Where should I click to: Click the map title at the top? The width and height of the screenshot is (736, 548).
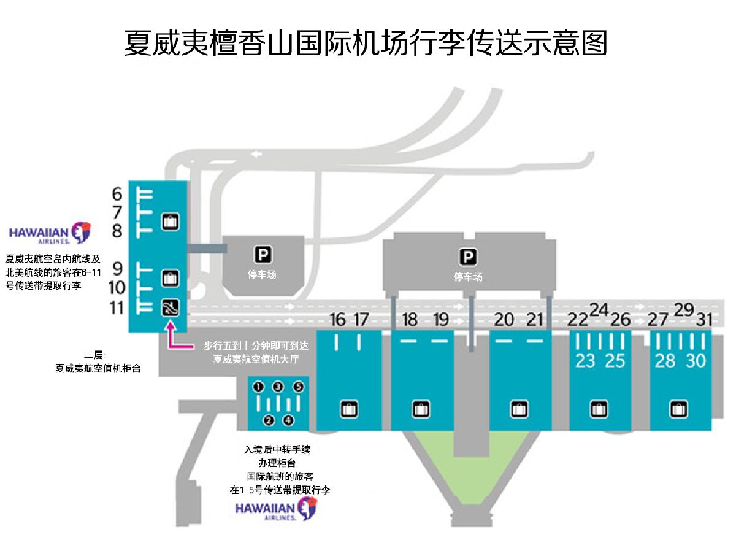(x=366, y=43)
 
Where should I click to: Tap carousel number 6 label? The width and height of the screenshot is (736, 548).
(x=117, y=194)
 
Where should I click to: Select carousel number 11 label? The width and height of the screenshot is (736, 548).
(x=117, y=307)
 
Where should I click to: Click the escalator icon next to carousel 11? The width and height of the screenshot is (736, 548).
(x=171, y=307)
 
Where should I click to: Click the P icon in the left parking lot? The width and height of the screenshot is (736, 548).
(x=263, y=255)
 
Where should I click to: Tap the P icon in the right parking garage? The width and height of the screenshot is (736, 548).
(x=468, y=257)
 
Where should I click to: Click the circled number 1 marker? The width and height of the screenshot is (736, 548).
(x=258, y=387)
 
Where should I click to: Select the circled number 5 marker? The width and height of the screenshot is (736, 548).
(x=299, y=387)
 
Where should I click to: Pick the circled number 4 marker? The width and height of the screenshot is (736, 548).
(x=288, y=420)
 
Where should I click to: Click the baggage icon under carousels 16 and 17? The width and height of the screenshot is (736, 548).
(x=349, y=409)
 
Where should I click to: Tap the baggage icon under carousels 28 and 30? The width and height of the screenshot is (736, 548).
(x=679, y=409)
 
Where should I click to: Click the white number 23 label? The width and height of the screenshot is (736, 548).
(x=585, y=361)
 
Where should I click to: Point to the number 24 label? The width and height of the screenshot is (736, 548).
(x=599, y=310)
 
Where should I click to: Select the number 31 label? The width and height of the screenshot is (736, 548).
(x=704, y=320)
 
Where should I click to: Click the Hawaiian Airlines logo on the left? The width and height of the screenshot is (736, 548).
(x=50, y=233)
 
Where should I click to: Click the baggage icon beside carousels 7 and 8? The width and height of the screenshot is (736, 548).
(x=171, y=221)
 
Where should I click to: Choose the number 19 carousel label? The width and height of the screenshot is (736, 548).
(x=441, y=320)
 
